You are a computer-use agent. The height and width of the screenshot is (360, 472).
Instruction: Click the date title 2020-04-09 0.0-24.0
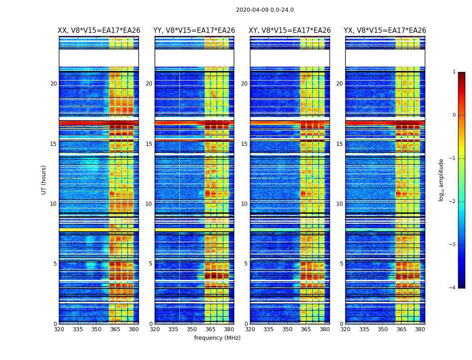click(265, 10)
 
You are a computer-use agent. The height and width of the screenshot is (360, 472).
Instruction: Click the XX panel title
click(99, 31)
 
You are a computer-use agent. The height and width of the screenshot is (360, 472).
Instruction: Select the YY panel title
click(194, 31)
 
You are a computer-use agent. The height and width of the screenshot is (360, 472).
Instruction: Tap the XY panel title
click(290, 31)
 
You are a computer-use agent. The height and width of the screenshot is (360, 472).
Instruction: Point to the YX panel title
click(385, 31)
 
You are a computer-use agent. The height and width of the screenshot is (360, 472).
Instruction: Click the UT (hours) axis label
click(44, 180)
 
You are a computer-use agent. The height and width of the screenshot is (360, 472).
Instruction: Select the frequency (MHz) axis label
click(217, 338)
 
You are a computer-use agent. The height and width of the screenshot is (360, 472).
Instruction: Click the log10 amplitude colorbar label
click(441, 180)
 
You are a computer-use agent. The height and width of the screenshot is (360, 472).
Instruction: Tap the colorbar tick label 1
click(454, 72)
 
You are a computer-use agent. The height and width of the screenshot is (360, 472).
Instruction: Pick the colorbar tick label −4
click(453, 288)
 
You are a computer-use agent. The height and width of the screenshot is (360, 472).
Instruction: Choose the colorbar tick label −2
click(453, 202)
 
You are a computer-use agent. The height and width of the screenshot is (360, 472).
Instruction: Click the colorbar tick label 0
click(454, 115)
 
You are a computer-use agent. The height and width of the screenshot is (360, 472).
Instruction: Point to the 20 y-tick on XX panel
click(53, 84)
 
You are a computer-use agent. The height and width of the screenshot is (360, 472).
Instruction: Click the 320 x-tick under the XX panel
click(59, 329)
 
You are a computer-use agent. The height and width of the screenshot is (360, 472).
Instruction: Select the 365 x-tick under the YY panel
click(210, 329)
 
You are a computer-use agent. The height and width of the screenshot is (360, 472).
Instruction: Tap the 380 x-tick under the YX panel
click(420, 329)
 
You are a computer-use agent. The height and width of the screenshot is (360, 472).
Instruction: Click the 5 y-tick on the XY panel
click(246, 264)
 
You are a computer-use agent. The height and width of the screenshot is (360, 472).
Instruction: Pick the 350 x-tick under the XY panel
click(287, 329)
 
